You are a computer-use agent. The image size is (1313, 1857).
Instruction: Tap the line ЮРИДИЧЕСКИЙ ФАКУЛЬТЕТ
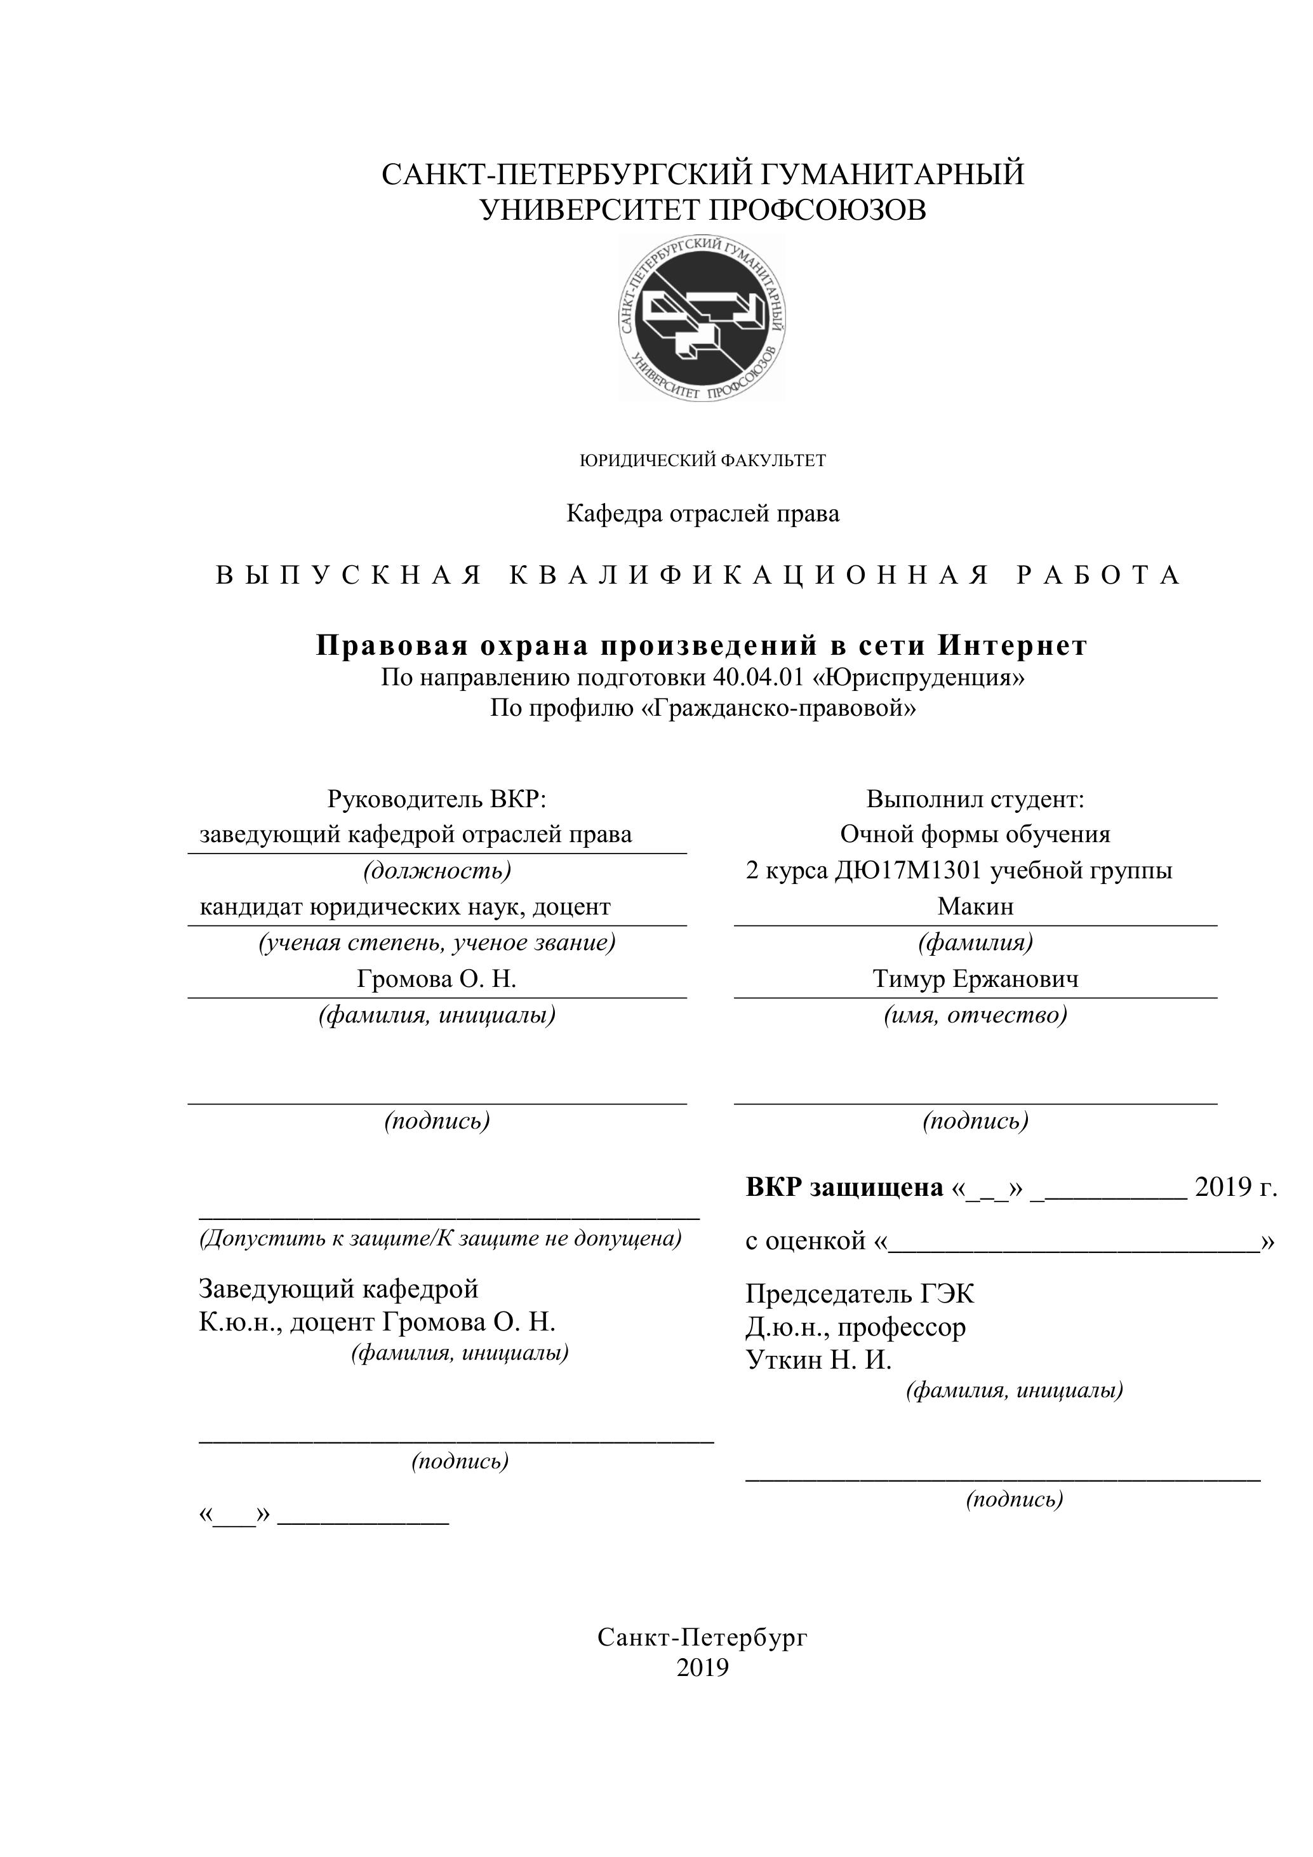pyautogui.click(x=703, y=461)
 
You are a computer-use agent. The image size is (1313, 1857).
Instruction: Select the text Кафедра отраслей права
pyautogui.click(x=703, y=514)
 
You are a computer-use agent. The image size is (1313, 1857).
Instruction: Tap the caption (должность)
pyautogui.click(x=437, y=871)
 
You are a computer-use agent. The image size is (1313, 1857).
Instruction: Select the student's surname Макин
pyautogui.click(x=975, y=907)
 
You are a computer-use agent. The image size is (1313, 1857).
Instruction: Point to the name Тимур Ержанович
pyautogui.click(x=975, y=979)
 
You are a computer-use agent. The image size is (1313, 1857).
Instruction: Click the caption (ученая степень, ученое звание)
pyautogui.click(x=437, y=943)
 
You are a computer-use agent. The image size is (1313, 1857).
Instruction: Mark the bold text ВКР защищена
pyautogui.click(x=844, y=1188)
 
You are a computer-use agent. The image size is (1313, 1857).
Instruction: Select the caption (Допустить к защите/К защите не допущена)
pyautogui.click(x=441, y=1238)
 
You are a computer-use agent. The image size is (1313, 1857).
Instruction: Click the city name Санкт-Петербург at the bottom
pyautogui.click(x=703, y=1638)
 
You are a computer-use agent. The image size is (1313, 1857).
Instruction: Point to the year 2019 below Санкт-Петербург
pyautogui.click(x=703, y=1668)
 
